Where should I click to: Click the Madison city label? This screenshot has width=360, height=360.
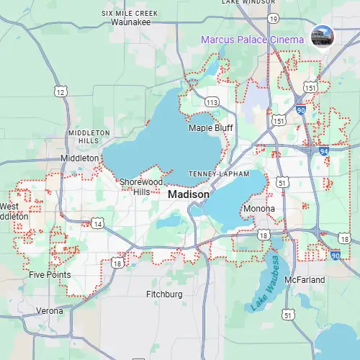189,195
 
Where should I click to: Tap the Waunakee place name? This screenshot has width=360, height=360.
131,22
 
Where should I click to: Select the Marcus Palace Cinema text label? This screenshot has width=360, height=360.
252,40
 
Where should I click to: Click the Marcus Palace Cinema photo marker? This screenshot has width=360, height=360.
320,37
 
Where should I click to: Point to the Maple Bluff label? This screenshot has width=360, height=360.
208,128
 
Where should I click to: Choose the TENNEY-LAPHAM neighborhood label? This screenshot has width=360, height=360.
218,174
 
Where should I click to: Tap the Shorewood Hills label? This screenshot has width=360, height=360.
135,186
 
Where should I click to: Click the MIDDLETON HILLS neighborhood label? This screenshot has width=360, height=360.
89,137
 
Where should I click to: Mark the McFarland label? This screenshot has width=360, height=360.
305,279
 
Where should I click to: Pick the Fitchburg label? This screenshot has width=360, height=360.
164,294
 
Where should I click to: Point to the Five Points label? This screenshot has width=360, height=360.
50,275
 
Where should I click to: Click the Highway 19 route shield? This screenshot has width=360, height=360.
272,18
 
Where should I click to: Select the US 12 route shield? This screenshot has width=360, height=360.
60,91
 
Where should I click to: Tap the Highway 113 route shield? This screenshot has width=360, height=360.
211,103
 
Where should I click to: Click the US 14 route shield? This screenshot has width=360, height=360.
97,225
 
